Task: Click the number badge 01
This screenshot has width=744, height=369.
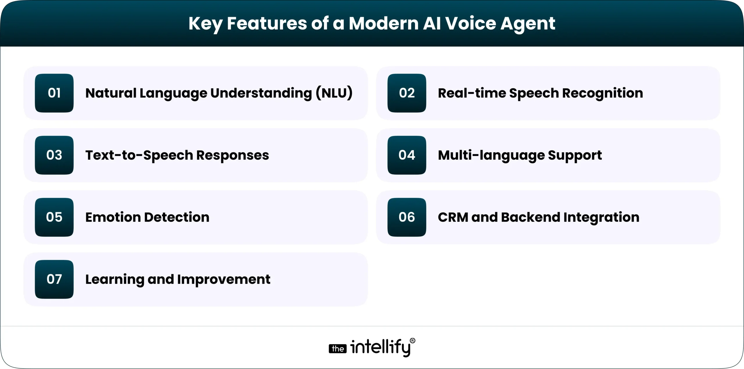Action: point(54,93)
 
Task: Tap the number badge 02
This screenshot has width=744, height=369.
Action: point(407,93)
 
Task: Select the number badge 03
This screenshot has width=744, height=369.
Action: point(54,155)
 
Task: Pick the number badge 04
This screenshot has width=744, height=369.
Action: point(407,155)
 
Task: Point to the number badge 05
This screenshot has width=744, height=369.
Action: point(54,217)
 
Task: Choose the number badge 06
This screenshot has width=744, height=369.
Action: point(407,217)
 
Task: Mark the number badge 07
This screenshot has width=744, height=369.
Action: point(54,279)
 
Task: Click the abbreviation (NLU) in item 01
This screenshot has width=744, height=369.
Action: point(334,93)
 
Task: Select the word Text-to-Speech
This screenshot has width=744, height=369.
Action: point(139,155)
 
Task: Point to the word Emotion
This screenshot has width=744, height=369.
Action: point(113,217)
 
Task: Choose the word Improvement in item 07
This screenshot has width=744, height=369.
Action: point(224,279)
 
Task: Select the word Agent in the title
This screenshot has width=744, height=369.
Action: point(527,24)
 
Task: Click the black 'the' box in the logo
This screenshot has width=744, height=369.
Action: point(337,349)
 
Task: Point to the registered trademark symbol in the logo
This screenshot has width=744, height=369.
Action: point(412,341)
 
